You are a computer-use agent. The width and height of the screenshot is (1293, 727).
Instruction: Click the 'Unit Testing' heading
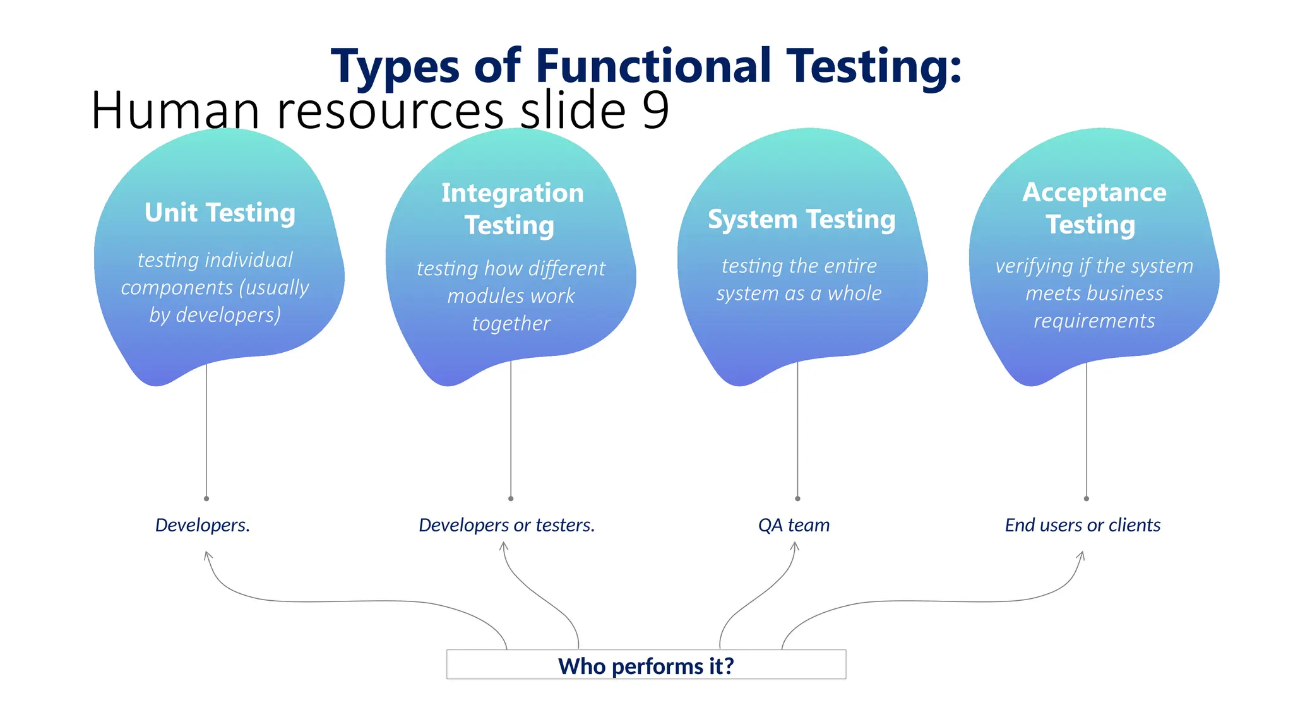(x=220, y=213)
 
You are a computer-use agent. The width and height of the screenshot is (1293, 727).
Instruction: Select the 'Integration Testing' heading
(x=511, y=209)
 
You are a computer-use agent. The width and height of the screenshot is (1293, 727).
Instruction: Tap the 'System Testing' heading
(x=801, y=220)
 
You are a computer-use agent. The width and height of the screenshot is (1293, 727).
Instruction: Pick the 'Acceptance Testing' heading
(x=1093, y=208)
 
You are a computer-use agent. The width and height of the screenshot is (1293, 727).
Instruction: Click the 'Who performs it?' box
(x=646, y=665)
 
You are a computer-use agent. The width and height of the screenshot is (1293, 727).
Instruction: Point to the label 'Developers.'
(x=203, y=525)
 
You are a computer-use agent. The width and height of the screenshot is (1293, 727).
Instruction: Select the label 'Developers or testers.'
(x=506, y=525)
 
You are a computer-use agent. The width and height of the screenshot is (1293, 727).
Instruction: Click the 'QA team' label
(x=794, y=525)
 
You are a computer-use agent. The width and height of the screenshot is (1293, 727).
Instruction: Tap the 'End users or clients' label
(x=1082, y=525)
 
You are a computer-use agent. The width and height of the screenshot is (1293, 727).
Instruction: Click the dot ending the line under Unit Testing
(x=206, y=499)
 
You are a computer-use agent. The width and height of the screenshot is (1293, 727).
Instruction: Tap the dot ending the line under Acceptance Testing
(x=1087, y=499)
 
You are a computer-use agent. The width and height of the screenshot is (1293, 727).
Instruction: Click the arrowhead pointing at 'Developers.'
(x=207, y=555)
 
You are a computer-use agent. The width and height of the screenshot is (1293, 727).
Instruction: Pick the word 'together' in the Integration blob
(x=511, y=324)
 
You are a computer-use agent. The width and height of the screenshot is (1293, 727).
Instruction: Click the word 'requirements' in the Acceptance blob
(x=1094, y=321)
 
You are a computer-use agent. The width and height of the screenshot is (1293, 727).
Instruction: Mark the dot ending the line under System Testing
(x=797, y=499)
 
